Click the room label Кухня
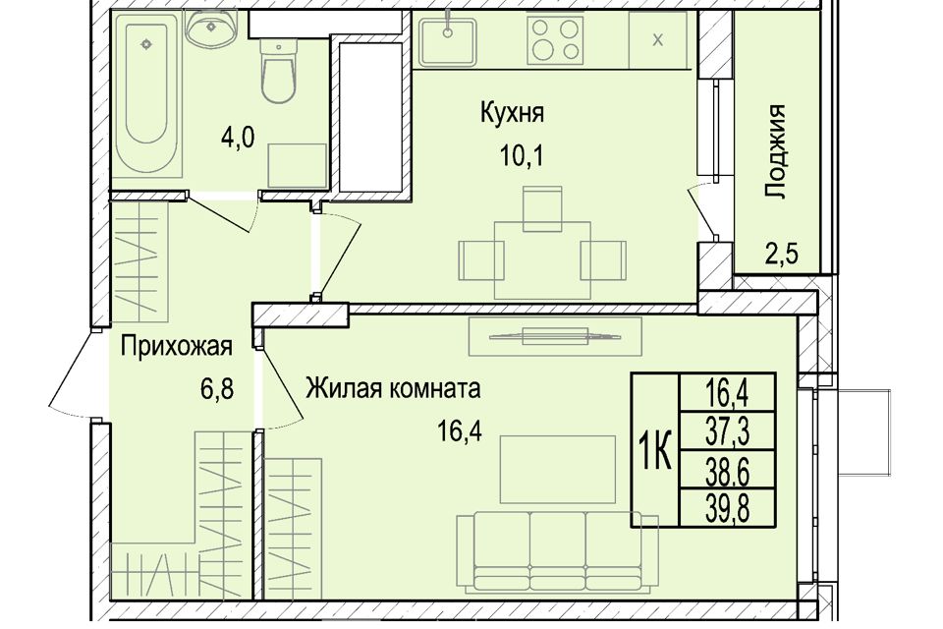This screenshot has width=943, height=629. pyautogui.click(x=512, y=112)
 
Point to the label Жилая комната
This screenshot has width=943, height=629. pyautogui.click(x=392, y=389)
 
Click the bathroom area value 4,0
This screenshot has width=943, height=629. pyautogui.click(x=237, y=137)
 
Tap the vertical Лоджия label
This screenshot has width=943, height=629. pyautogui.click(x=777, y=151)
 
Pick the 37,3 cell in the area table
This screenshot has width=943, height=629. pyautogui.click(x=727, y=428)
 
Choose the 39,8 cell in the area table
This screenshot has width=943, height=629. pyautogui.click(x=727, y=507)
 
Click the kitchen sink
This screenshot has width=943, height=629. pyautogui.click(x=448, y=40)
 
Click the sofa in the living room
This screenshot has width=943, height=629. pyautogui.click(x=530, y=550)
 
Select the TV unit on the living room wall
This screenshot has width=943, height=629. pyautogui.click(x=556, y=337)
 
